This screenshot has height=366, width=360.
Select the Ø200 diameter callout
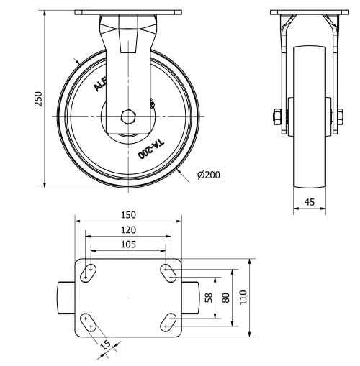click(x=209, y=175)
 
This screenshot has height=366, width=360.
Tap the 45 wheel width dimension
click(x=309, y=203)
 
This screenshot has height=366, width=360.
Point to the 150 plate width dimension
click(x=128, y=215)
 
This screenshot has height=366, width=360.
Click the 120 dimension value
click(x=128, y=229)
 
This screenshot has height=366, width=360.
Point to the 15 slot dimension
click(x=106, y=345)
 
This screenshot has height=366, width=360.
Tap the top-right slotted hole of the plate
click(x=168, y=272)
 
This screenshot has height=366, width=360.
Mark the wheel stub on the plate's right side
click(x=192, y=296)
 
